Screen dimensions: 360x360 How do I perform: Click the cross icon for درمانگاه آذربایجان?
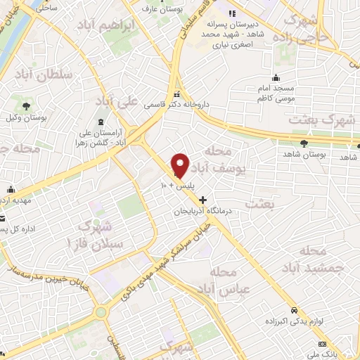pyautogui.click(x=203, y=200)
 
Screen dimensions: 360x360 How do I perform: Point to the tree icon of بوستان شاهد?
pyautogui.click(x=303, y=143)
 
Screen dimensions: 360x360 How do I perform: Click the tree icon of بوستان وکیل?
pyautogui.click(x=26, y=105)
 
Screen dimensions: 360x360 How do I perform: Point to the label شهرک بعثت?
pyautogui.click(x=323, y=120)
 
